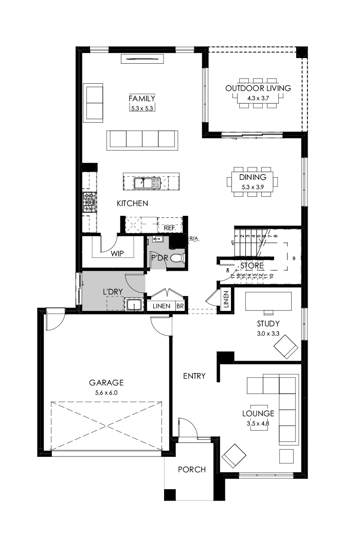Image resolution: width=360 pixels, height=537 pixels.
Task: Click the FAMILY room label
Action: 142,98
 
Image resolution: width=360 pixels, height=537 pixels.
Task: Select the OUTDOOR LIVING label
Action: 258,88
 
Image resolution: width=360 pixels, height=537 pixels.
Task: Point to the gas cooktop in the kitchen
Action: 89,202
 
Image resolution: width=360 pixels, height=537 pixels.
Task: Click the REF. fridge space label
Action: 170,228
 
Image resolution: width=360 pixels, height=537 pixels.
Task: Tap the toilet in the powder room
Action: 176,258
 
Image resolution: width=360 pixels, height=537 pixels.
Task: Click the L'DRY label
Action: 113,292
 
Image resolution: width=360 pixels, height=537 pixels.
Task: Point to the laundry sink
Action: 134,306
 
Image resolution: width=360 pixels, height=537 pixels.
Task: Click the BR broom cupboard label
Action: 180,306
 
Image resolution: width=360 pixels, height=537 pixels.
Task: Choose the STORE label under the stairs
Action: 252,266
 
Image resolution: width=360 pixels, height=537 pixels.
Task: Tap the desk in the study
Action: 268,301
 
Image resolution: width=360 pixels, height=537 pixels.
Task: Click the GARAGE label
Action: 106,382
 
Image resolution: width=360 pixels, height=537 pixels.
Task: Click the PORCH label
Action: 192,469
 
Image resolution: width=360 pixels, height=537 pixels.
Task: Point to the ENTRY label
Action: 194,376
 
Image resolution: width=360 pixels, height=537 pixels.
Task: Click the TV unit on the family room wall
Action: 142,59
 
